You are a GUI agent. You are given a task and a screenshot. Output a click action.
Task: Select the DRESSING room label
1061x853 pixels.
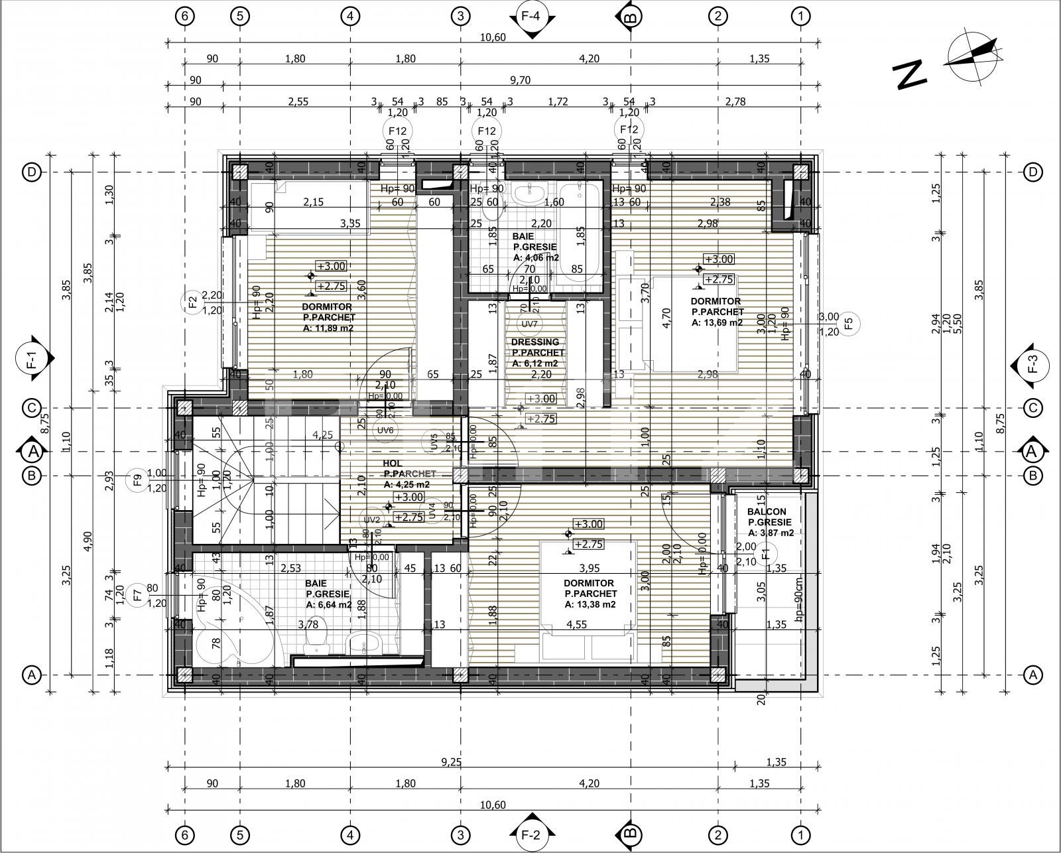point(534,342)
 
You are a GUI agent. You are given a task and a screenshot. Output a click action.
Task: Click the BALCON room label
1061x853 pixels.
point(767,511)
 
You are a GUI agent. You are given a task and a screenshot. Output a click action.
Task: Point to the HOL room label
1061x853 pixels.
point(393,463)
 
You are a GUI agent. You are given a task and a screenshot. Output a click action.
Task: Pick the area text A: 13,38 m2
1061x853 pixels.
point(590,604)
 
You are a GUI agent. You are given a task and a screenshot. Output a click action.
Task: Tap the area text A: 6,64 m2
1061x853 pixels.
point(328,605)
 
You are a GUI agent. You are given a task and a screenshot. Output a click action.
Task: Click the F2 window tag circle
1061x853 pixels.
point(193,302)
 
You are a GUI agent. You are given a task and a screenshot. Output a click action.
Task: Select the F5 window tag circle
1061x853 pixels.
point(851,324)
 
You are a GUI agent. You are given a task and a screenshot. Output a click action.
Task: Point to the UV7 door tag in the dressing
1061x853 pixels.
point(529,324)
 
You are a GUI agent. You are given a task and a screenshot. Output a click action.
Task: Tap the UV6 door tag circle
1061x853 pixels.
point(386,430)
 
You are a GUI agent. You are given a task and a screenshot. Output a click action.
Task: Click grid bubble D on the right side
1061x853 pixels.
point(1032,172)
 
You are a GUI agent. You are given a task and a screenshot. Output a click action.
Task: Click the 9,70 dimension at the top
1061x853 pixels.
point(520,80)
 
